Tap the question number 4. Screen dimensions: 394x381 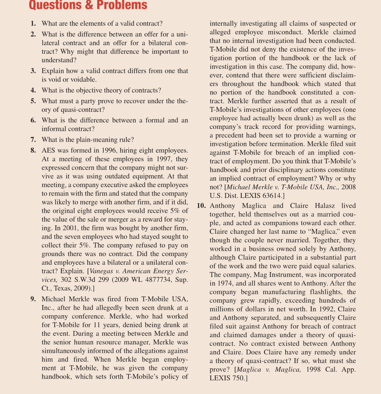coord(33,91)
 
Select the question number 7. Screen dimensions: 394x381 coord(33,140)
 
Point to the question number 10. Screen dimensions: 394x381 coord(201,206)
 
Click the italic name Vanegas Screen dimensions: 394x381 coord(103,271)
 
